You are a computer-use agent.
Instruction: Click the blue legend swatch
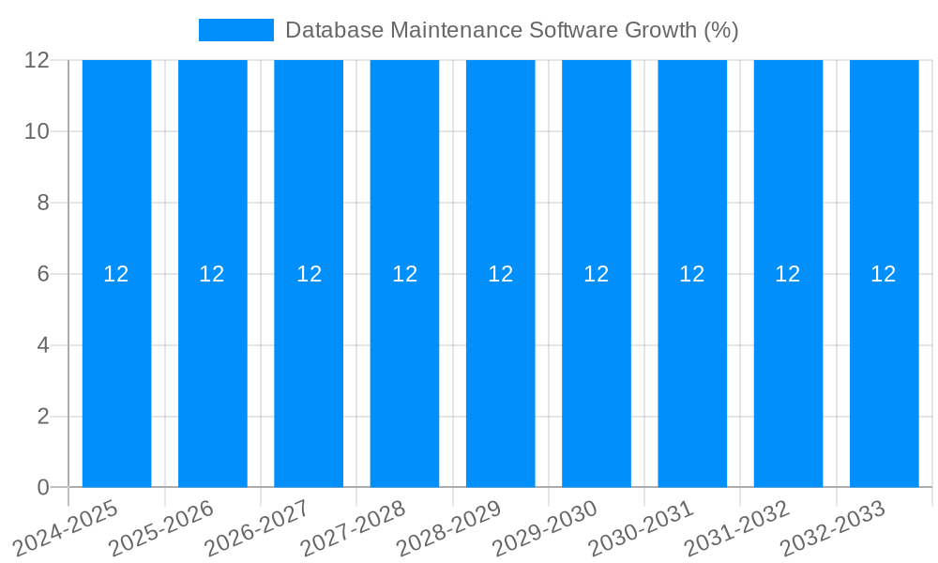pos(236,30)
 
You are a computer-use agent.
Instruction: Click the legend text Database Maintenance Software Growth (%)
pos(511,30)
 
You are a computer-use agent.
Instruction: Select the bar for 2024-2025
pos(116,375)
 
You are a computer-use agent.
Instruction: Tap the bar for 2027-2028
pos(404,375)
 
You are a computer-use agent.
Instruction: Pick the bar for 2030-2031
pos(692,375)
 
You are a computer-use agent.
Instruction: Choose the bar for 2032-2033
pos(884,375)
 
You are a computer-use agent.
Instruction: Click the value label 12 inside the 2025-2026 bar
pos(212,274)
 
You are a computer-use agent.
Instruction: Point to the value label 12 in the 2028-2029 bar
pos(500,274)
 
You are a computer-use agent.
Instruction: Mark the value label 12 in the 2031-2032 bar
pos(788,274)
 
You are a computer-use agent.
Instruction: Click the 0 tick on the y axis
pos(43,487)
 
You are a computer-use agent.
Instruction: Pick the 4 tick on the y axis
pos(43,345)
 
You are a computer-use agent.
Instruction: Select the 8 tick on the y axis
pos(43,203)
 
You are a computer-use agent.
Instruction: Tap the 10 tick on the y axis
pos(38,131)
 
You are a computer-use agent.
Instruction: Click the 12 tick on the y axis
pos(38,60)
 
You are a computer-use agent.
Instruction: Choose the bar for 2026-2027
pos(309,375)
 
